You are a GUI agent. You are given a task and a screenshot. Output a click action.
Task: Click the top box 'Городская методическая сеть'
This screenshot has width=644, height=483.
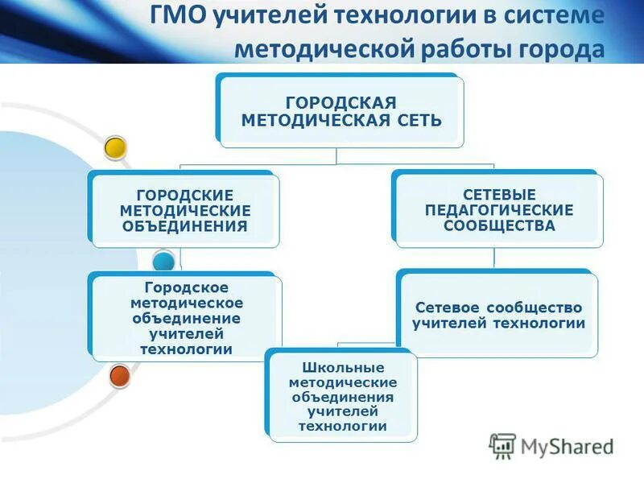(x=341, y=112)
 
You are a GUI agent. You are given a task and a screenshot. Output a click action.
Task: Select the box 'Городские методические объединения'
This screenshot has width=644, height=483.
(x=184, y=210)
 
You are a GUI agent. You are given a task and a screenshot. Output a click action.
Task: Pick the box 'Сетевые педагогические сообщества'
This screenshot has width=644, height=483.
(x=498, y=209)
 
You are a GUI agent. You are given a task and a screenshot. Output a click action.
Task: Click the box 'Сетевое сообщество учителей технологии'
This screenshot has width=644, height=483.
(x=498, y=316)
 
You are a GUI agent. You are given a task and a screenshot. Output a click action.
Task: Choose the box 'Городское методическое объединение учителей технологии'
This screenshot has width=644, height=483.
(x=186, y=318)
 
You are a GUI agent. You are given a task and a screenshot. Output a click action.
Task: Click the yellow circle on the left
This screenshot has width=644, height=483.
(x=116, y=147)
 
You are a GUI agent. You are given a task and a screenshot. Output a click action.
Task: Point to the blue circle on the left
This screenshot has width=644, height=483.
(x=163, y=260)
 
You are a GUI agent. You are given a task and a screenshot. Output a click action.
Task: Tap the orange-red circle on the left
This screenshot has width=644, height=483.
(x=120, y=375)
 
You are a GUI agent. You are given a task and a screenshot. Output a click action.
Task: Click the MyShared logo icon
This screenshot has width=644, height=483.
(x=502, y=446)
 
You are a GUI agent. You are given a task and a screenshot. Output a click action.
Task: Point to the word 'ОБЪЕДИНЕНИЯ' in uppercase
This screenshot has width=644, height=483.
(x=184, y=225)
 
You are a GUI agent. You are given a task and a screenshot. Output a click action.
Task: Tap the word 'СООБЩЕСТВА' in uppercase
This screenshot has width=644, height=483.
(x=499, y=225)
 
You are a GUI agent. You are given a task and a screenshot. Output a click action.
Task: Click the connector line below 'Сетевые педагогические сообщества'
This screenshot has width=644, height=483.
(x=494, y=258)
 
